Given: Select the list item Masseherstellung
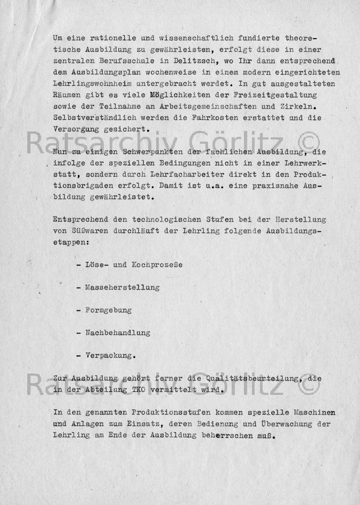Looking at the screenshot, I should [x=122, y=288].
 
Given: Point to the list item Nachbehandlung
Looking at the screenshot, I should [x=117, y=332].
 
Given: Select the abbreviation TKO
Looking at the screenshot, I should [x=141, y=390].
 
